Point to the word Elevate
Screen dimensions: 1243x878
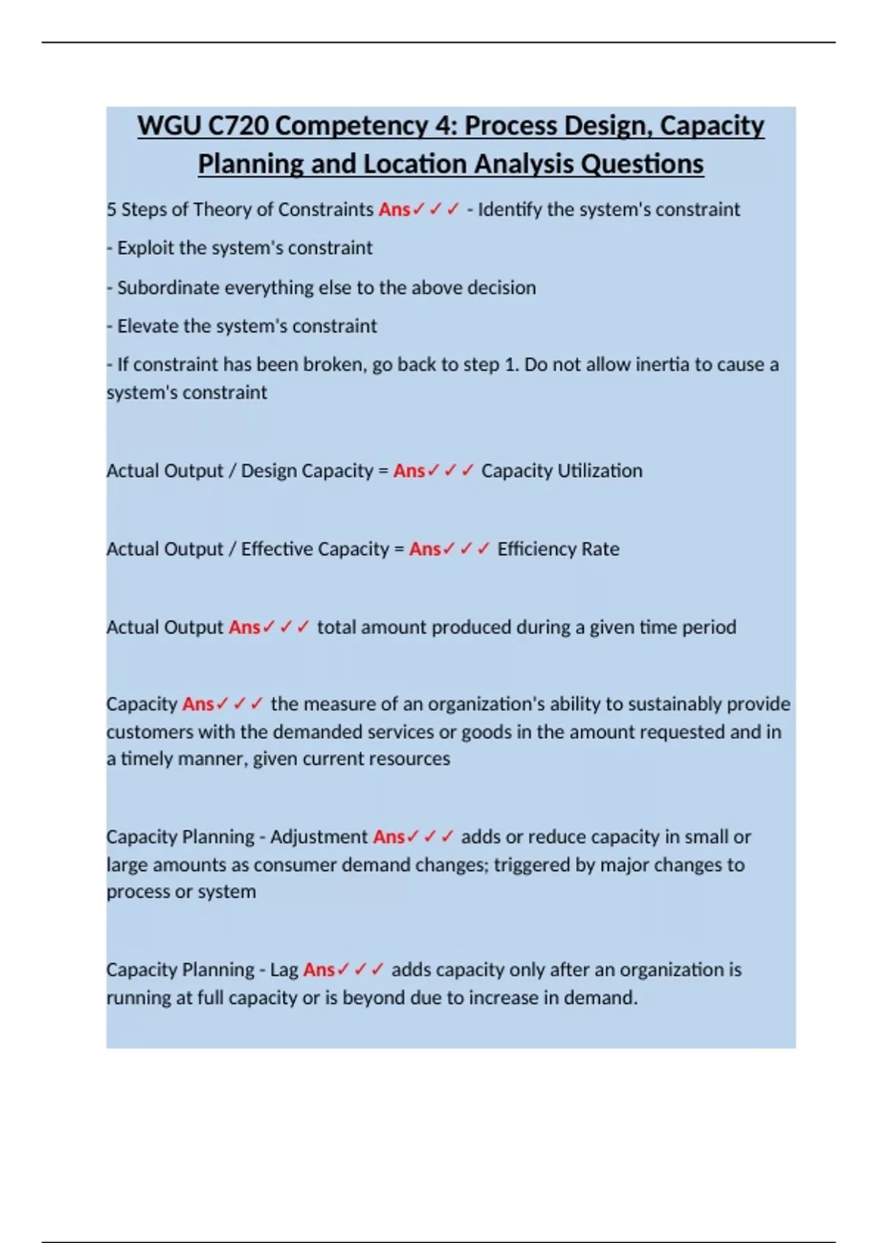[x=147, y=326]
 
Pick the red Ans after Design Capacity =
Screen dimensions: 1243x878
[x=409, y=471]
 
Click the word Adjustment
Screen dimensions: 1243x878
[x=318, y=837]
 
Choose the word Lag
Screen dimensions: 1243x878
[x=284, y=970]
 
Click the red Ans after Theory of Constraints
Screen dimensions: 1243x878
[x=394, y=210]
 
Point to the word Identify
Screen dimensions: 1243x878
[x=509, y=210]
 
